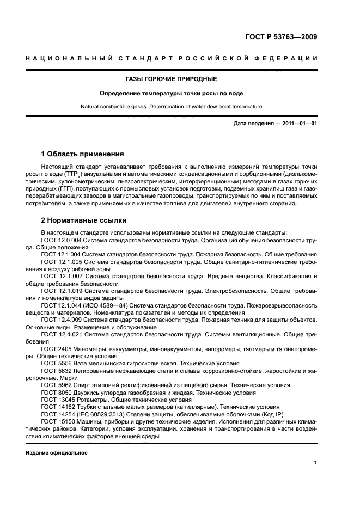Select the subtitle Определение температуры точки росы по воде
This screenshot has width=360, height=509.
179,93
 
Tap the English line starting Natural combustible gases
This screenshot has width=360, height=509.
179,107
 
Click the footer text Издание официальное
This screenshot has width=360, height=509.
57,452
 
